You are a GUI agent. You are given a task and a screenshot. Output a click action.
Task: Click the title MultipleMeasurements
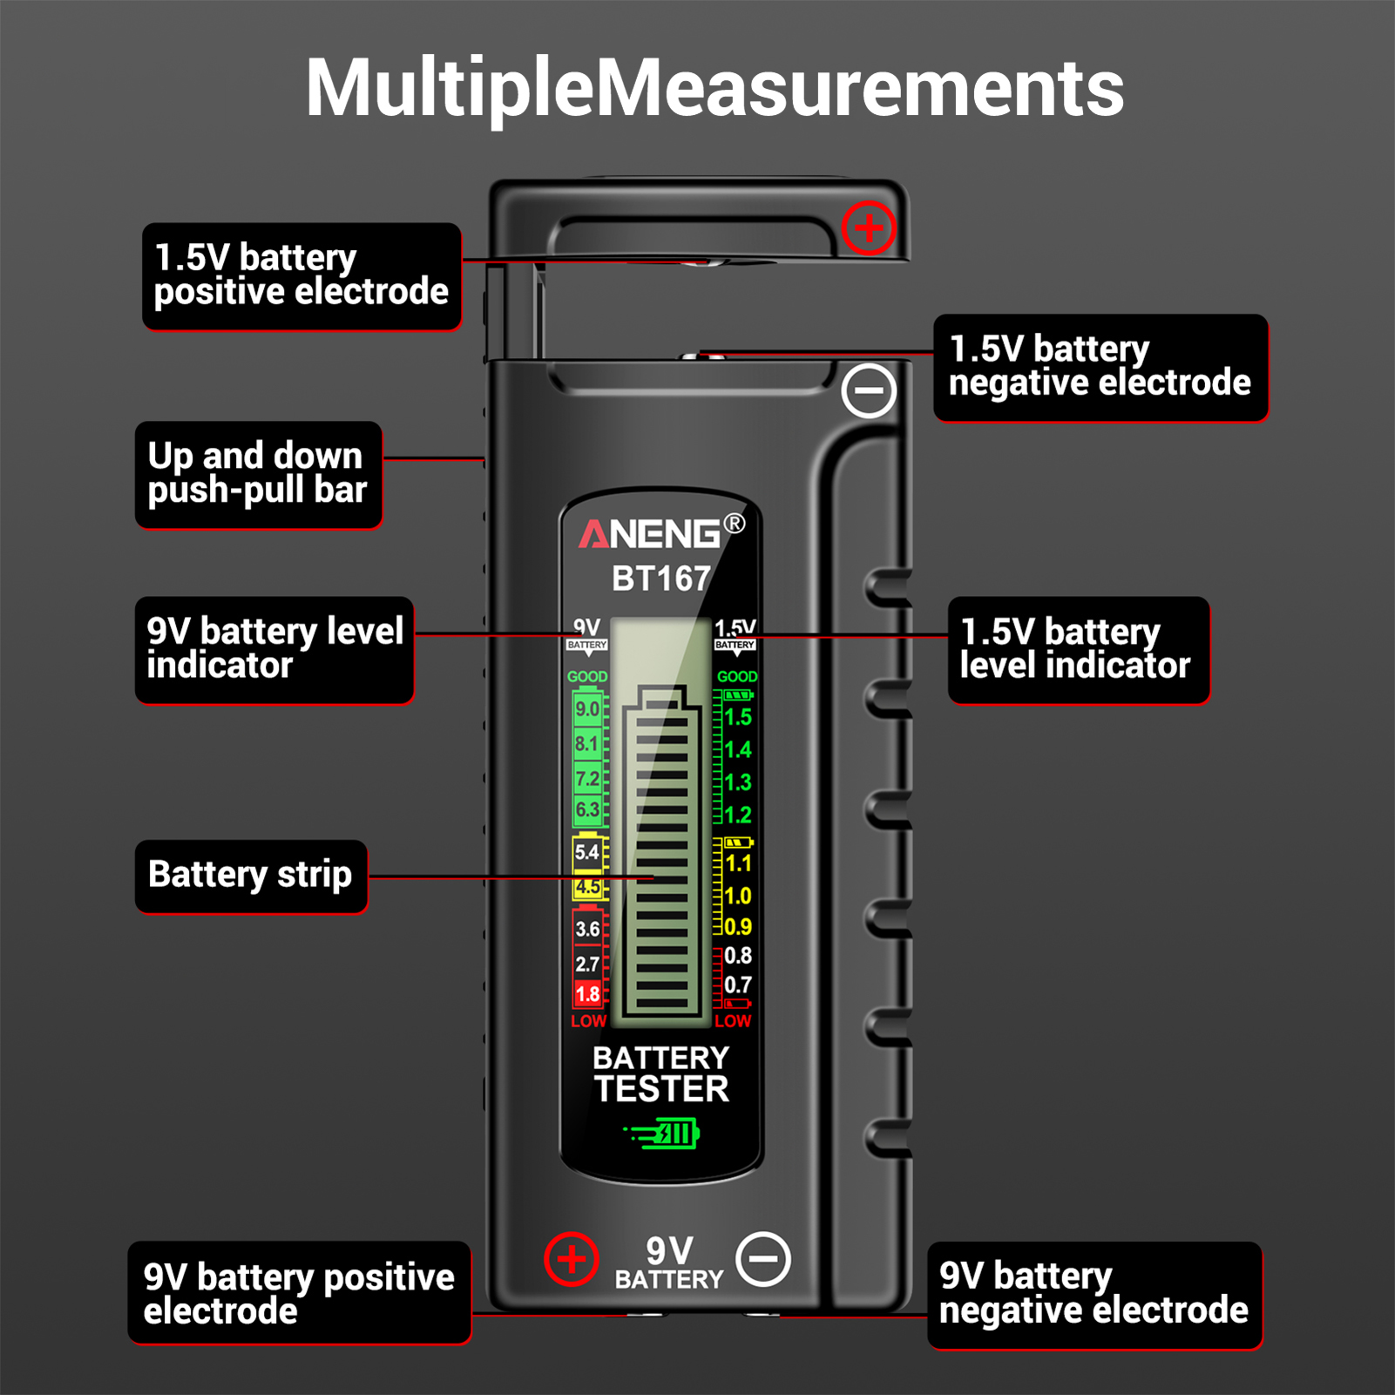[714, 88]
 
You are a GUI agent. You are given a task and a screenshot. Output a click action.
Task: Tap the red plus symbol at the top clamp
[869, 228]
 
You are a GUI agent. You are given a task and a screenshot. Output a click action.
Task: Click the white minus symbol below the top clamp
[869, 390]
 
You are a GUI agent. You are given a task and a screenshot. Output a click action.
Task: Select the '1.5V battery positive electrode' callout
[301, 276]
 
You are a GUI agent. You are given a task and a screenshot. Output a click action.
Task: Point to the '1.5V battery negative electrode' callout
[1100, 368]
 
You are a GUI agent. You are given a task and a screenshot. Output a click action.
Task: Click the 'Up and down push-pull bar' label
[259, 475]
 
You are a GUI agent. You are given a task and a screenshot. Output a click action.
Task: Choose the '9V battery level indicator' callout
[274, 650]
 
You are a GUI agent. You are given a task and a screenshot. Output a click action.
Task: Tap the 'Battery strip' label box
[251, 876]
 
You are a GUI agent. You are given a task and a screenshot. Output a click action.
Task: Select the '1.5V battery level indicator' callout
[1079, 650]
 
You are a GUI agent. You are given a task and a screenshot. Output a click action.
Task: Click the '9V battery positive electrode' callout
[300, 1293]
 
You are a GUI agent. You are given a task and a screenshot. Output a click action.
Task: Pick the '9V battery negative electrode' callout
[1094, 1295]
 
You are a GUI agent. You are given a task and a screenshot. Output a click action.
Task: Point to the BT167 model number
[661, 579]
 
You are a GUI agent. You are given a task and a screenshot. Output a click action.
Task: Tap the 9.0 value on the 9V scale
[587, 709]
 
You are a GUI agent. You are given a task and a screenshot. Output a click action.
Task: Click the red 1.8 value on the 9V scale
[587, 994]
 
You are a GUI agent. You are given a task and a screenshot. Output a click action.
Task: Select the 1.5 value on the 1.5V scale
[738, 717]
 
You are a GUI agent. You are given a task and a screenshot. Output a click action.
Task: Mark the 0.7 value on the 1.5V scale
[738, 985]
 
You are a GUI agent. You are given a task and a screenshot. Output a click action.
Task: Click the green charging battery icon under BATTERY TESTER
[661, 1134]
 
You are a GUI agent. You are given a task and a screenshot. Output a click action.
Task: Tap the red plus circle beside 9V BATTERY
[572, 1259]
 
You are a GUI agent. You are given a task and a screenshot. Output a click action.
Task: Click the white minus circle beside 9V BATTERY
[763, 1259]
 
